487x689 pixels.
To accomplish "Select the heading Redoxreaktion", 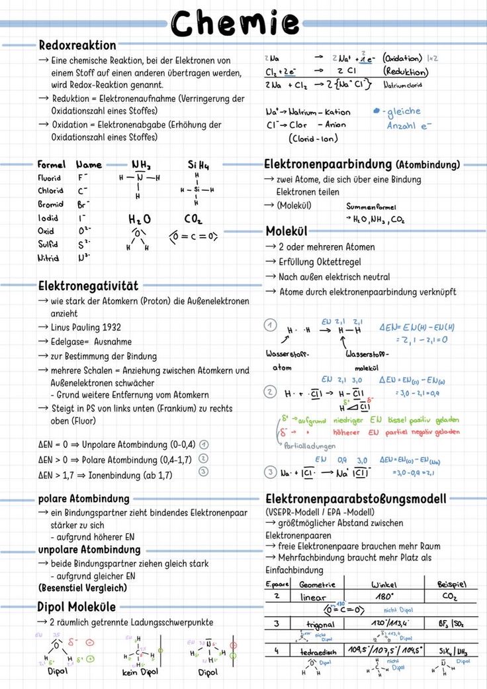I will click(x=77, y=46).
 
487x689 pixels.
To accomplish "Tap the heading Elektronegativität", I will click(x=88, y=286).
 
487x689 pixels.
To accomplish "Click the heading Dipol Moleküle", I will click(x=76, y=607).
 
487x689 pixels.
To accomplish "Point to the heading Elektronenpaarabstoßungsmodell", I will click(x=356, y=499).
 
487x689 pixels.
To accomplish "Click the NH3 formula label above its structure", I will click(x=141, y=165).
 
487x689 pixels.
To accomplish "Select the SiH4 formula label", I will click(x=198, y=165).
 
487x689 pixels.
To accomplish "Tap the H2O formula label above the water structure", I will click(x=139, y=219).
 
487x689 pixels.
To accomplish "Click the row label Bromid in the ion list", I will click(x=50, y=205).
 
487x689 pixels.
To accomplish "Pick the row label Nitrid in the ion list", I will click(x=48, y=258).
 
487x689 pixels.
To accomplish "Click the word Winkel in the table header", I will click(x=384, y=584).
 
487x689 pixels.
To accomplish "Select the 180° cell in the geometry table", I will click(x=384, y=596).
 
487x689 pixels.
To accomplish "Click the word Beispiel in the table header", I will click(x=452, y=584).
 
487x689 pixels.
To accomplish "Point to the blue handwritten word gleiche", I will click(x=404, y=111).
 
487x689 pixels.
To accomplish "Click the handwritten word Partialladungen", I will click(x=309, y=446).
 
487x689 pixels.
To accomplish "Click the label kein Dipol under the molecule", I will click(x=140, y=672).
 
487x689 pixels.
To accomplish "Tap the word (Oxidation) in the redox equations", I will click(x=402, y=58).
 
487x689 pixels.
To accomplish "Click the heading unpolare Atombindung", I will click(x=89, y=550).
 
